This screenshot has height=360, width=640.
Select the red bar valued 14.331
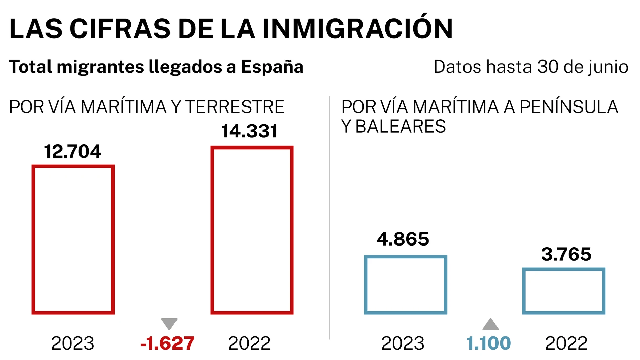tap(252, 230)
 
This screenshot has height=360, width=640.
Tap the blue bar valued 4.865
tap(406, 285)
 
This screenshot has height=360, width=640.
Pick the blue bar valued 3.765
tap(564, 291)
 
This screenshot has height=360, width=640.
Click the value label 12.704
tap(72, 152)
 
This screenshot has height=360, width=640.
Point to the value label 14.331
tap(249, 131)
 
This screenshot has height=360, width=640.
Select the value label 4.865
tap(403, 239)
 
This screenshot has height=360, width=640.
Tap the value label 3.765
tap(566, 254)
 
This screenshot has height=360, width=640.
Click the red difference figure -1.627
tap(167, 343)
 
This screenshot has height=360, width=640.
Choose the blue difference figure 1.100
tap(488, 343)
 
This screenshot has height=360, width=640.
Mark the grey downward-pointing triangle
tap(169, 323)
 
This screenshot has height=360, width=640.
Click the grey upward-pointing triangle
tap(490, 324)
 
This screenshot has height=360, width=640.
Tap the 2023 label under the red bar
tap(72, 343)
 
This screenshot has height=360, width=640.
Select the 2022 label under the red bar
tap(249, 343)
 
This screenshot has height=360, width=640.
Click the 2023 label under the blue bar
tap(403, 343)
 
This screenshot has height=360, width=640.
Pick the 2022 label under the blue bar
tap(566, 343)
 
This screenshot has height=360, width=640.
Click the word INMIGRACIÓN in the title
tap(357, 29)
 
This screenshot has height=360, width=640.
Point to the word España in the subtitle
tap(272, 67)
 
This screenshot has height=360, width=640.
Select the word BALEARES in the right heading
tap(401, 127)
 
